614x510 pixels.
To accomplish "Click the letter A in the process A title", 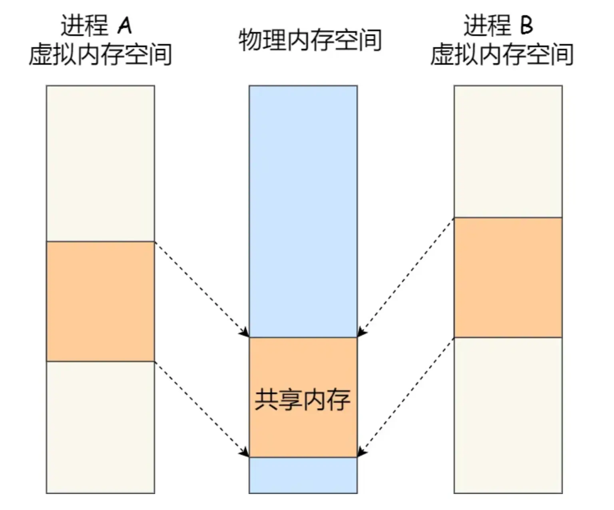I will [x=125, y=26].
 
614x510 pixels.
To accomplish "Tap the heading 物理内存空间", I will [x=310, y=40].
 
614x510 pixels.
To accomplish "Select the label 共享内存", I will [x=303, y=399].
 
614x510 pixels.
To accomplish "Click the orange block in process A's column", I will [x=100, y=301].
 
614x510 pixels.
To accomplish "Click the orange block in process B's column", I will [x=508, y=277].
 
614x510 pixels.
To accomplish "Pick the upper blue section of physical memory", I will [x=303, y=211].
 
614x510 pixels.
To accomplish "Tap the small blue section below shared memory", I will [x=303, y=475].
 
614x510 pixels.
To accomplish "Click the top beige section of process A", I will [x=100, y=163].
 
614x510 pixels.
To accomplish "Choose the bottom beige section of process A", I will [x=100, y=427].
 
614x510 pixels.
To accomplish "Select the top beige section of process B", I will [x=508, y=151].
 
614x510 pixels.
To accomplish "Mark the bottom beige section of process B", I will [x=508, y=415].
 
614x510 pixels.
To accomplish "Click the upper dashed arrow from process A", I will [x=201, y=289].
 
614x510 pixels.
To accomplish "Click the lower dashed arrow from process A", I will [x=201, y=409].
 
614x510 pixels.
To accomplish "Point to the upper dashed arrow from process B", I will [x=406, y=277].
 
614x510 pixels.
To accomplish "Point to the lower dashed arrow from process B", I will [x=406, y=397].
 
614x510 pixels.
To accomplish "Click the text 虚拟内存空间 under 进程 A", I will [x=100, y=55].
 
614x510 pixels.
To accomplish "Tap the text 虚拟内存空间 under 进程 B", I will [x=502, y=55].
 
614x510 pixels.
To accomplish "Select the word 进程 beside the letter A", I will [x=84, y=26].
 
